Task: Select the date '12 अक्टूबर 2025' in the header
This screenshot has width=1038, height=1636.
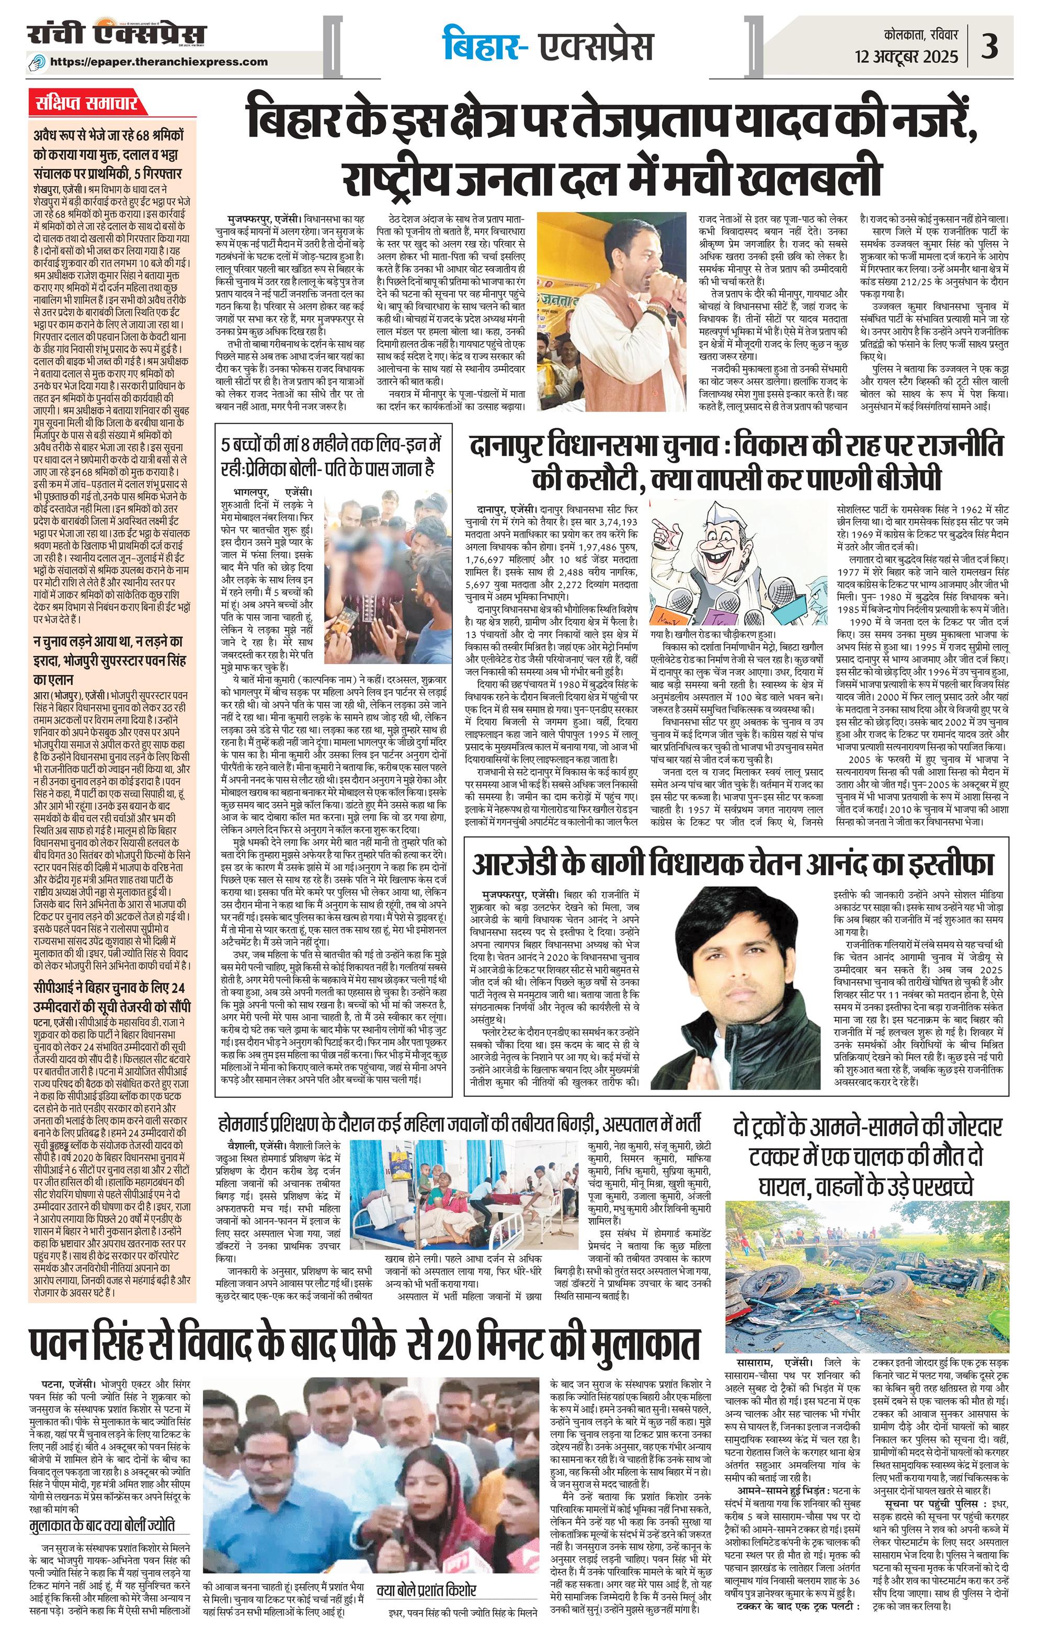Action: point(907,56)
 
